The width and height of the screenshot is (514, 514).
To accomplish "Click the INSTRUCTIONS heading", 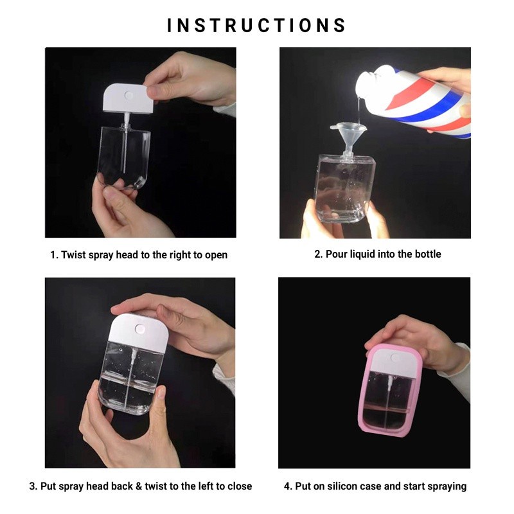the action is (x=256, y=26).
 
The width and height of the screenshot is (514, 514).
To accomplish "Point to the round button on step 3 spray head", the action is (x=140, y=329).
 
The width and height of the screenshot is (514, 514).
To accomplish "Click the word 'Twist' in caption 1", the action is (x=73, y=254).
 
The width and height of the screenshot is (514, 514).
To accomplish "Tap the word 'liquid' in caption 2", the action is (x=362, y=254).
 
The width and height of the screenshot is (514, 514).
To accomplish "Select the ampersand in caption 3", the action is (x=139, y=486).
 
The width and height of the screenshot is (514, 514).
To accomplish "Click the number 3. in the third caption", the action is (x=33, y=486).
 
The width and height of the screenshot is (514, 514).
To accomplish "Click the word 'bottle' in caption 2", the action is (x=428, y=254).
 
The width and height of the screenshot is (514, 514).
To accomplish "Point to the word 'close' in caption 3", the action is (x=240, y=486).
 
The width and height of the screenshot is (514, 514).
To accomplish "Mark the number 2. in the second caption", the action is (x=319, y=254).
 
